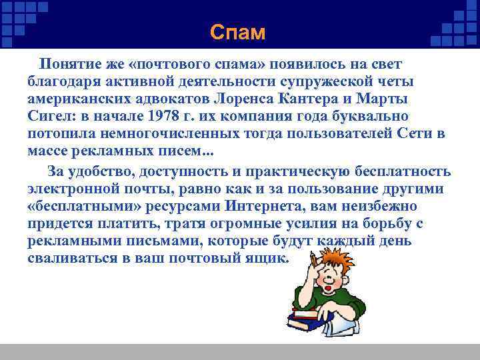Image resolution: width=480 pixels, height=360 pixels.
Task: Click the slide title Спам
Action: pyautogui.click(x=237, y=32)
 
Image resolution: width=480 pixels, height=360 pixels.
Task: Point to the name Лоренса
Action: pyautogui.click(x=247, y=98)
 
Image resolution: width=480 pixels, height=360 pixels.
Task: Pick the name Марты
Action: pyautogui.click(x=385, y=98)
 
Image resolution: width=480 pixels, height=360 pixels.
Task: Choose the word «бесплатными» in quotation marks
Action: pyautogui.click(x=85, y=207)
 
